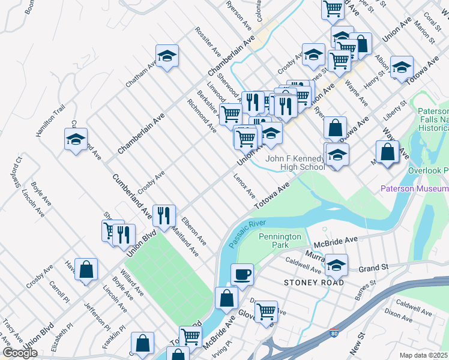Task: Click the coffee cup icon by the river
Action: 242,275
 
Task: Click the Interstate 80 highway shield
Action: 333,333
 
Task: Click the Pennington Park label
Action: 280,241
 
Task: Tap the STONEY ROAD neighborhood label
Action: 315,282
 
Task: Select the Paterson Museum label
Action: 415,189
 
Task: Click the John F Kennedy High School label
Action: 296,163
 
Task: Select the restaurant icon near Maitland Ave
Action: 163,215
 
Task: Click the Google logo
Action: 20,353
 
